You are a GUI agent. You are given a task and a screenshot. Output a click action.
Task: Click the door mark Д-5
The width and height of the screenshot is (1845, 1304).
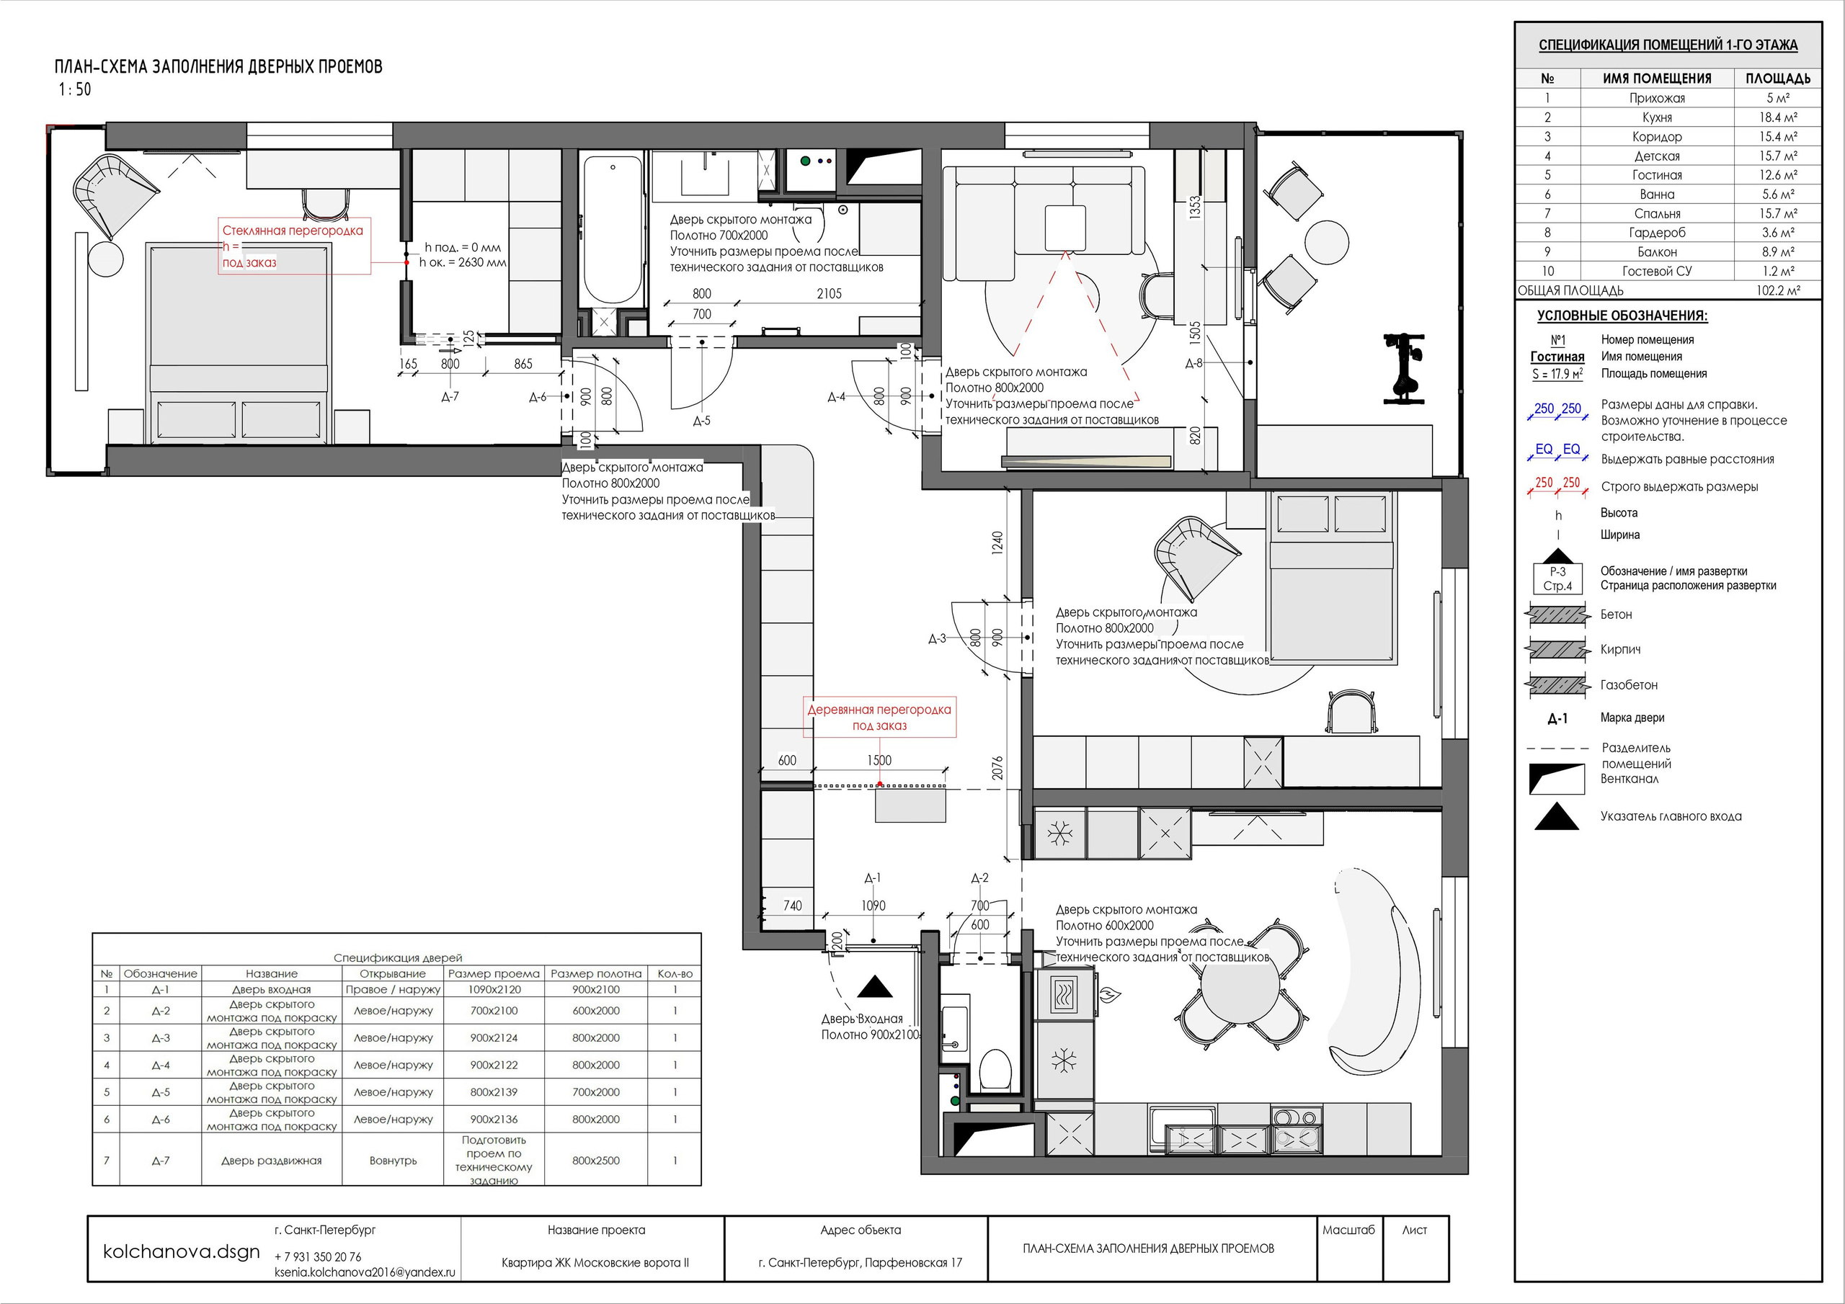[x=701, y=420]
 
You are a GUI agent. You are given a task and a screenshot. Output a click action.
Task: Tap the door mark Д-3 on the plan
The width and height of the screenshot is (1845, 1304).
[x=937, y=639]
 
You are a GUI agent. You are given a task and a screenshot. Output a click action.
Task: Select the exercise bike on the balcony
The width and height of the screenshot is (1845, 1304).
[x=1403, y=368]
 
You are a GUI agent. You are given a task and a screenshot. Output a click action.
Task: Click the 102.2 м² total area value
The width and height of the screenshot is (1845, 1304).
[x=1777, y=290]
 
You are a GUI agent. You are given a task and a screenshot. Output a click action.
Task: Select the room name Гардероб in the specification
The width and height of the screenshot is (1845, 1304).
[x=1657, y=232]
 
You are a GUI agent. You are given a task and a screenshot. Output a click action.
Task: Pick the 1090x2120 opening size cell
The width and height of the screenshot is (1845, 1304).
[x=494, y=989]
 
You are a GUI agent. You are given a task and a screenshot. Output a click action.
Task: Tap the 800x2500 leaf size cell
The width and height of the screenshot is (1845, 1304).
[x=595, y=1160]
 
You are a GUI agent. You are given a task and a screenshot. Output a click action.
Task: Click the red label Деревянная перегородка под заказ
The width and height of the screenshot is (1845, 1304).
[x=879, y=718]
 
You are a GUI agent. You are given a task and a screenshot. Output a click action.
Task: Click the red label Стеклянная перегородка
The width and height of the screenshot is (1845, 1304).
[x=293, y=231]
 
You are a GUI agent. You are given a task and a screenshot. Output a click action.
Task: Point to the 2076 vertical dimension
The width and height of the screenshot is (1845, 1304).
[x=997, y=768]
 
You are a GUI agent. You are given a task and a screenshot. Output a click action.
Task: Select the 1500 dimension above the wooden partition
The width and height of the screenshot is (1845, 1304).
[x=879, y=760]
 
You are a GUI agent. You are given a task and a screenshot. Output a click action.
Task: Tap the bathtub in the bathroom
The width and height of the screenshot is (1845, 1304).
[x=613, y=230]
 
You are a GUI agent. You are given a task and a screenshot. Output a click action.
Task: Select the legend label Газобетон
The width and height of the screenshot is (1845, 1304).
[x=1629, y=684]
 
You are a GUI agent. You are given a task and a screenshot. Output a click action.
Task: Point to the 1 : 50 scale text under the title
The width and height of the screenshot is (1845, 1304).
[x=75, y=89]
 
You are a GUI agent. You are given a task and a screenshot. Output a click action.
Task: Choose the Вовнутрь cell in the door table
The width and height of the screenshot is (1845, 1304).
[x=393, y=1160]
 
